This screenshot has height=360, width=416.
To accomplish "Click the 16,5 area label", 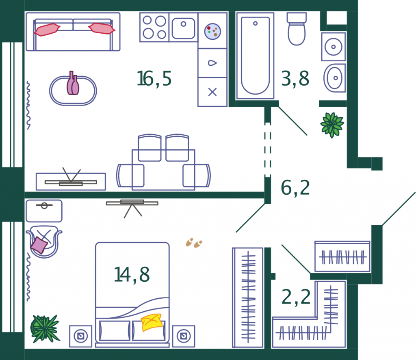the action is pyautogui.click(x=154, y=79).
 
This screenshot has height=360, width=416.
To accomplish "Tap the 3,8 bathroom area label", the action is pyautogui.click(x=295, y=79).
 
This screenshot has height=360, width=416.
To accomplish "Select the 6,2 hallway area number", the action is pyautogui.click(x=295, y=188).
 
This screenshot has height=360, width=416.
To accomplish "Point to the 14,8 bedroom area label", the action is pyautogui.click(x=132, y=275).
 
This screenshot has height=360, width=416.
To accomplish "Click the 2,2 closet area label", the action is pyautogui.click(x=296, y=297).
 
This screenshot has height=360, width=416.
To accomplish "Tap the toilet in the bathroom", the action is pyautogui.click(x=297, y=29).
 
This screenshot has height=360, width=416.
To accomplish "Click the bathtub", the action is pyautogui.click(x=255, y=56).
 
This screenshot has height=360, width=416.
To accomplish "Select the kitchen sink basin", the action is pyautogui.click(x=183, y=28).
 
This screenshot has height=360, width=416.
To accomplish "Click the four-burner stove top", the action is pyautogui.click(x=154, y=27).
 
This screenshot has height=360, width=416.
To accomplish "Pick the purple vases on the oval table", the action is pyautogui.click(x=73, y=84).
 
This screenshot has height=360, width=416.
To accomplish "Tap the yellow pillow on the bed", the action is pyautogui.click(x=152, y=322).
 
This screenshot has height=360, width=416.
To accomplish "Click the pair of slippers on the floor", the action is pyautogui.click(x=194, y=243).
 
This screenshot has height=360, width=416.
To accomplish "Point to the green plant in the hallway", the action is pyautogui.click(x=332, y=125).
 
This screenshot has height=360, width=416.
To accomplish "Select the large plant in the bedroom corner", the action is pyautogui.click(x=45, y=328).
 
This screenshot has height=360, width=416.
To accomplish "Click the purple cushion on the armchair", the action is pyautogui.click(x=39, y=245).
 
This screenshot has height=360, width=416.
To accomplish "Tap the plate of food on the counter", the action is pyautogui.click(x=212, y=31).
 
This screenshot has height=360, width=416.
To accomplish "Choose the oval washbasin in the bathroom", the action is pyautogui.click(x=335, y=78).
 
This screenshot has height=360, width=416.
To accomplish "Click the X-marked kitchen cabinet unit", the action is pyautogui.click(x=212, y=92).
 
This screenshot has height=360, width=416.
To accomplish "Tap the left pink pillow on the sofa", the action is pyautogui.click(x=47, y=30).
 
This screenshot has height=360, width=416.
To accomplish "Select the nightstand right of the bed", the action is pyautogui.click(x=184, y=336).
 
